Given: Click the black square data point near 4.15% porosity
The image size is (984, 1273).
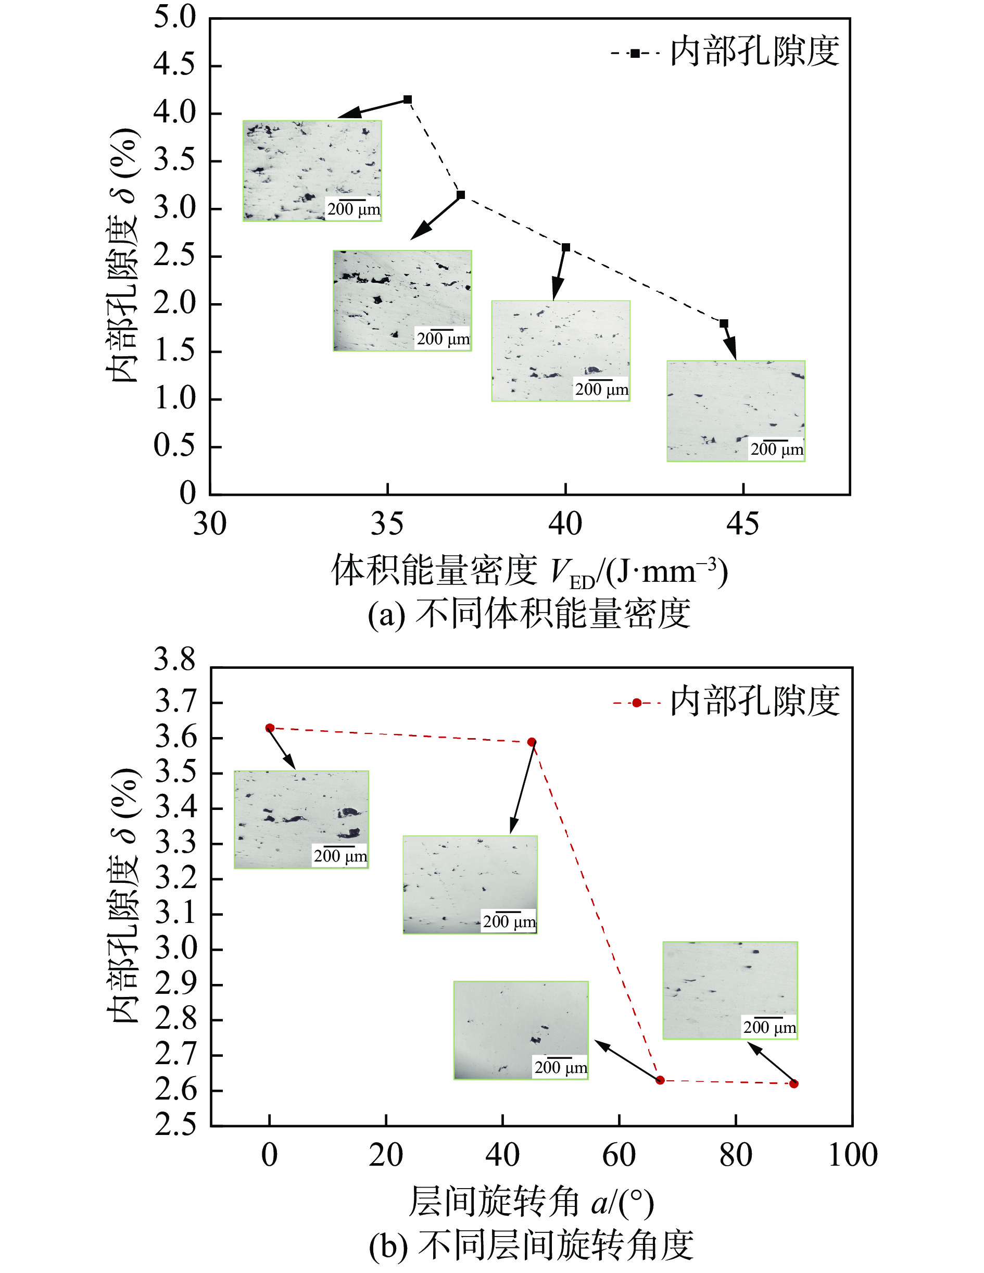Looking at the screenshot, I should pyautogui.click(x=408, y=99).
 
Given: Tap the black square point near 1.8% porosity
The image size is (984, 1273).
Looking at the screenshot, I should pyautogui.click(x=724, y=323).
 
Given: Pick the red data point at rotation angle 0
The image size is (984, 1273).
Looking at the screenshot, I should pyautogui.click(x=270, y=728).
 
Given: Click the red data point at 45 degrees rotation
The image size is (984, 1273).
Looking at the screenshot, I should pyautogui.click(x=532, y=742).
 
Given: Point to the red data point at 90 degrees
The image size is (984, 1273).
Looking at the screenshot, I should pyautogui.click(x=793, y=1083).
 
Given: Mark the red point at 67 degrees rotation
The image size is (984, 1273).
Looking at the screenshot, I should pyautogui.click(x=660, y=1080).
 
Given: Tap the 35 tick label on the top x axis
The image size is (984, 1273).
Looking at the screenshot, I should pyautogui.click(x=387, y=524).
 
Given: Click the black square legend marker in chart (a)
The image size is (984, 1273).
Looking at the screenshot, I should pyautogui.click(x=635, y=53).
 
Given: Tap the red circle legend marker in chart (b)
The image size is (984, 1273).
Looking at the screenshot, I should pyautogui.click(x=637, y=703).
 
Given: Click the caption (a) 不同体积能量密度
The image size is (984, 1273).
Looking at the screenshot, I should pyautogui.click(x=529, y=614).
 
